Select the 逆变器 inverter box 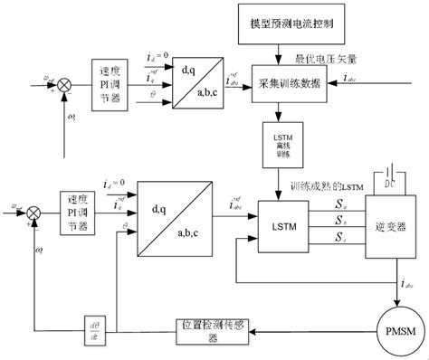pos(386,221)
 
